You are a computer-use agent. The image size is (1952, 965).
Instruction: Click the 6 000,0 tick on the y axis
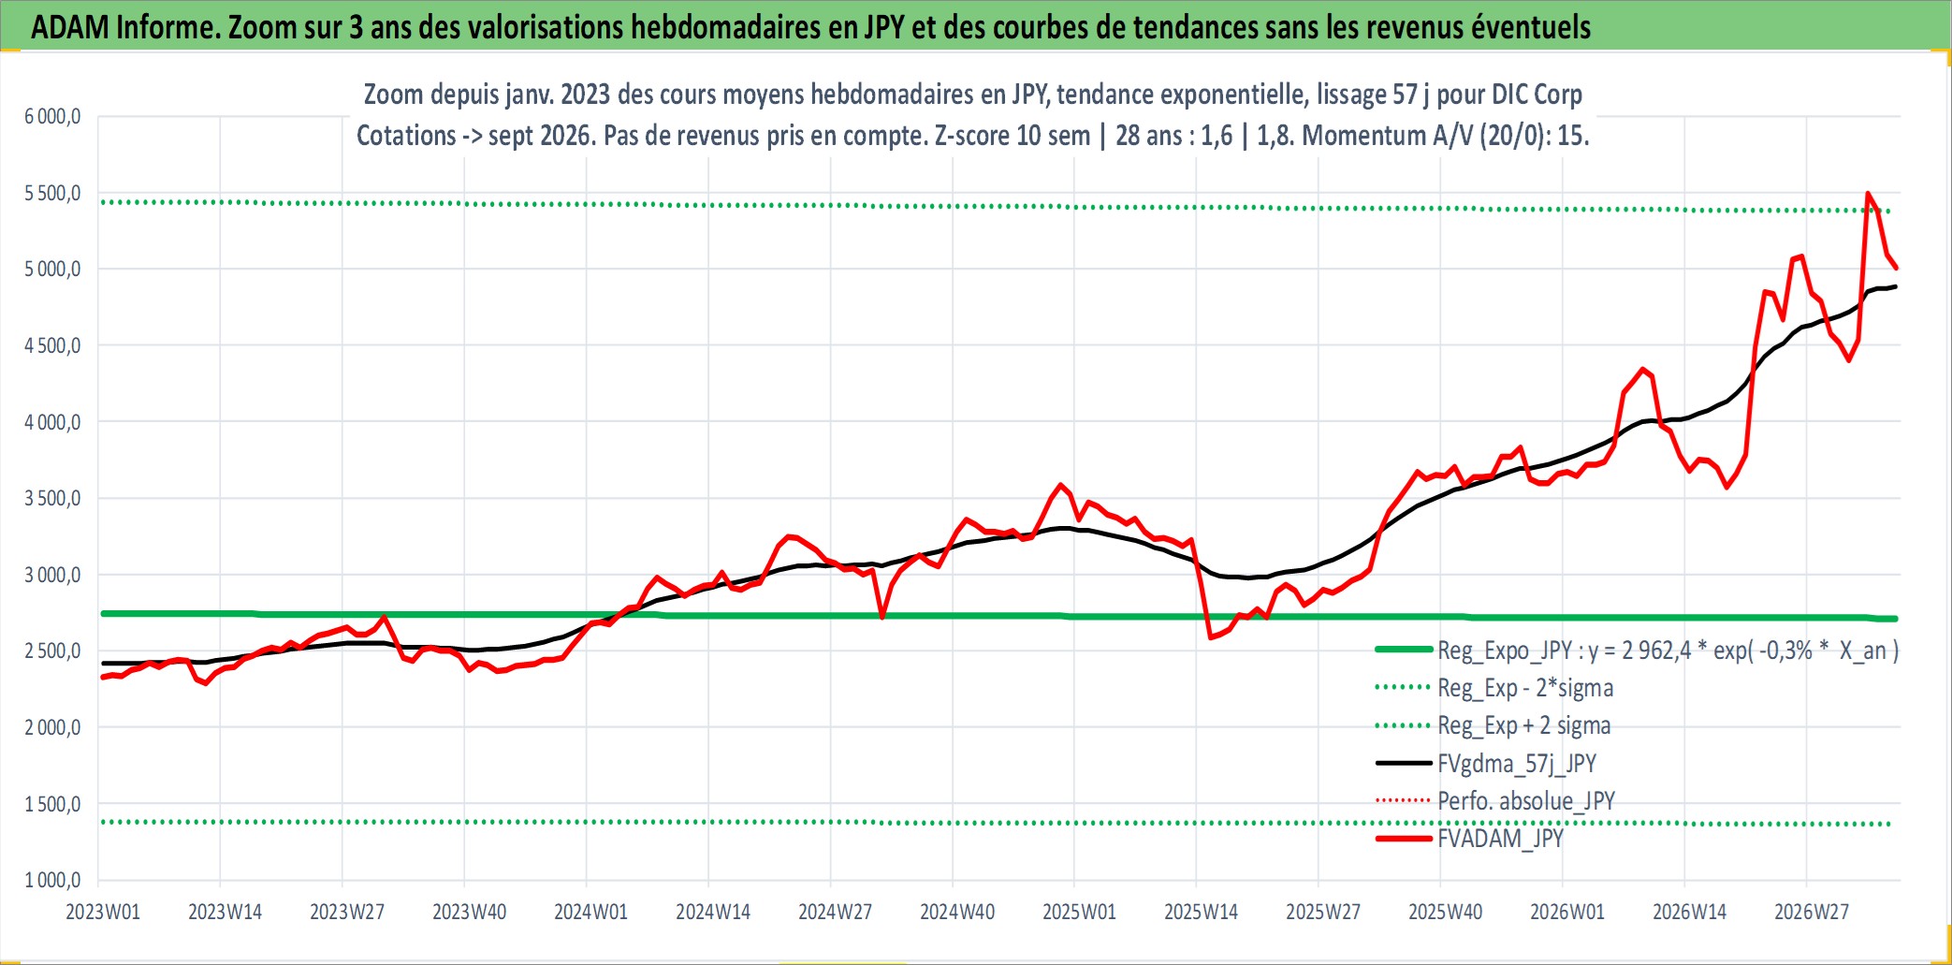[52, 117]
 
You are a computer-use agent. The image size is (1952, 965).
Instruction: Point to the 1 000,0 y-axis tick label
[52, 880]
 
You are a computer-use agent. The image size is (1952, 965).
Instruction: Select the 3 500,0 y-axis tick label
[52, 498]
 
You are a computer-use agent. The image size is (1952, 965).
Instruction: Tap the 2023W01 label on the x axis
[103, 912]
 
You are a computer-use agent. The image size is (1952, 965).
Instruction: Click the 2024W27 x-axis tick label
[835, 912]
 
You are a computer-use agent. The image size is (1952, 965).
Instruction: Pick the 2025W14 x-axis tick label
[1201, 912]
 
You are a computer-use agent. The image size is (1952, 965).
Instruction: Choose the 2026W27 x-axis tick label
[1812, 912]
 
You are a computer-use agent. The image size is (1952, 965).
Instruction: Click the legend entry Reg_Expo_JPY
[1638, 651]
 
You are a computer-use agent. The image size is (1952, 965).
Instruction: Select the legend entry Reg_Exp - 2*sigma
[1494, 688]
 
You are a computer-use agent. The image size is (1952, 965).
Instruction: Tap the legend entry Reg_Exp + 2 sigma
[1493, 725]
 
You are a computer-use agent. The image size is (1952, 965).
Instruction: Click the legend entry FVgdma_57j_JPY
[1486, 763]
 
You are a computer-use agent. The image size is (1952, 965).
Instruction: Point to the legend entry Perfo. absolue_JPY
[1495, 800]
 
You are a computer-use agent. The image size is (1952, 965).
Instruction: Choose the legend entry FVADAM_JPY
[1469, 838]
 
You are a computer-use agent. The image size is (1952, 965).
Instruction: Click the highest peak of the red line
[1868, 194]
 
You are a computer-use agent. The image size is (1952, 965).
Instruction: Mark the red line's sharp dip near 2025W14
[1210, 637]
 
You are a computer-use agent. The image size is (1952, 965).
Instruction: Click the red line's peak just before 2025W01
[1060, 485]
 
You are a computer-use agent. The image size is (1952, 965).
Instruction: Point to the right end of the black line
[1896, 286]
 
